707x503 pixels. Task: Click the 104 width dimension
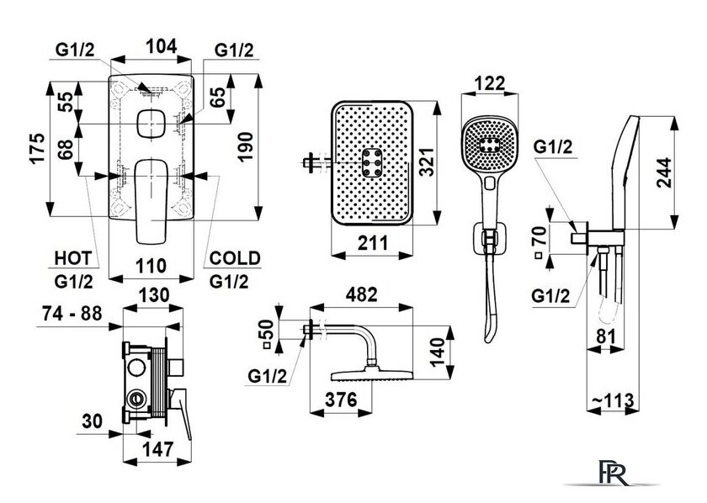click(x=162, y=46)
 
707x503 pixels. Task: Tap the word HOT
click(x=73, y=258)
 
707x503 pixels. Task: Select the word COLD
click(x=235, y=258)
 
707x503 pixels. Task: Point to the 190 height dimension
click(x=245, y=146)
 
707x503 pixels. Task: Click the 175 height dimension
click(x=38, y=148)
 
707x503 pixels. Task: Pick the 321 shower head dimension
click(x=426, y=162)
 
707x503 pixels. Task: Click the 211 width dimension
click(x=372, y=243)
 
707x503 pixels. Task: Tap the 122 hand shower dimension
click(x=490, y=83)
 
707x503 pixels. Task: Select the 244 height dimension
click(x=664, y=172)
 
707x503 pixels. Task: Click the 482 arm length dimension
click(x=361, y=294)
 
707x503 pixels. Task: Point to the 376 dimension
click(x=342, y=400)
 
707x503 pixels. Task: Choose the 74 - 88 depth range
click(x=72, y=314)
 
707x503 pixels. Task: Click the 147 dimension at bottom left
click(x=158, y=449)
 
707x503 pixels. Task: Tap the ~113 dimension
click(x=613, y=400)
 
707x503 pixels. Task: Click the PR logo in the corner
click(x=614, y=473)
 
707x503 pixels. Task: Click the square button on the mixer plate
click(x=151, y=123)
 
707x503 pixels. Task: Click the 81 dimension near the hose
click(x=605, y=336)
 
